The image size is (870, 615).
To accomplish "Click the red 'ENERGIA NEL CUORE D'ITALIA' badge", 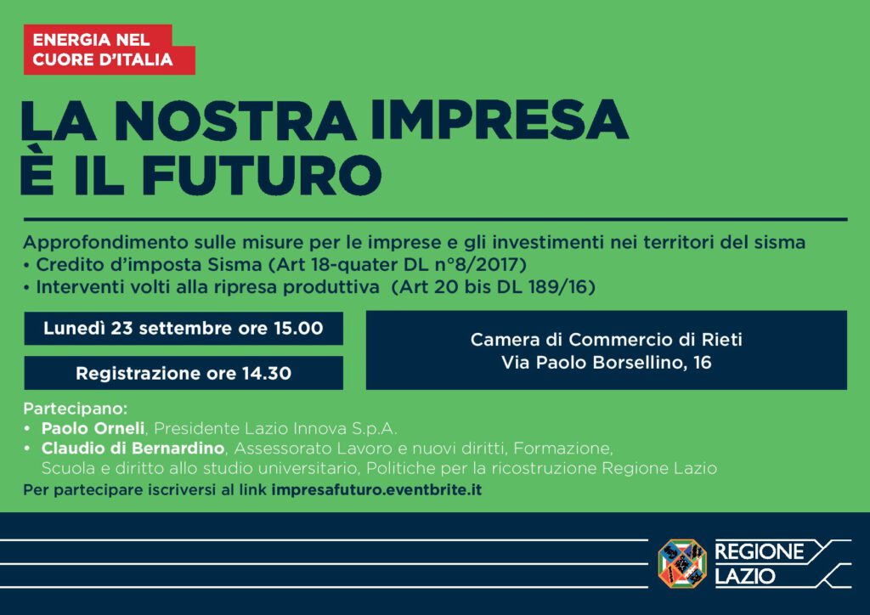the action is click(110, 49).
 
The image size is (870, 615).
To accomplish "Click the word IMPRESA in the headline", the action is click(500, 120).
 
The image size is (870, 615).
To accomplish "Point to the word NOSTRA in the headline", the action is click(236, 120).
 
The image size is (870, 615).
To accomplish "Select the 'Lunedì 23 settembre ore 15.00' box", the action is click(184, 328).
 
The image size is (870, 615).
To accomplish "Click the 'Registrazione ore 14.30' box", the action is click(184, 373).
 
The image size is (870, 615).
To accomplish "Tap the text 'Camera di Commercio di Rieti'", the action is click(607, 340).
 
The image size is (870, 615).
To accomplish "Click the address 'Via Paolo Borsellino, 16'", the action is click(607, 363).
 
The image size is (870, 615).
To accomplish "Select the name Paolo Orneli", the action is click(93, 428).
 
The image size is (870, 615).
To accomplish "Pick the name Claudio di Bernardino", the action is click(133, 448).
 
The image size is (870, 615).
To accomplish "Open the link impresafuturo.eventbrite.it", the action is click(376, 490).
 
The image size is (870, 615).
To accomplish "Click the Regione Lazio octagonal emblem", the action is click(682, 563).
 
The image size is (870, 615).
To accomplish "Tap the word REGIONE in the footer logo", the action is click(759, 552).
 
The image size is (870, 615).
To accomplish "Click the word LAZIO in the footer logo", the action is click(744, 576).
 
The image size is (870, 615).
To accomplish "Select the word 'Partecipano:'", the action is click(76, 409).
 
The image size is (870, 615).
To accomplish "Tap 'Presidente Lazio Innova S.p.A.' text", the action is click(276, 428).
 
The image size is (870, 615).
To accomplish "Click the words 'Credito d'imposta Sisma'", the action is click(150, 264).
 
